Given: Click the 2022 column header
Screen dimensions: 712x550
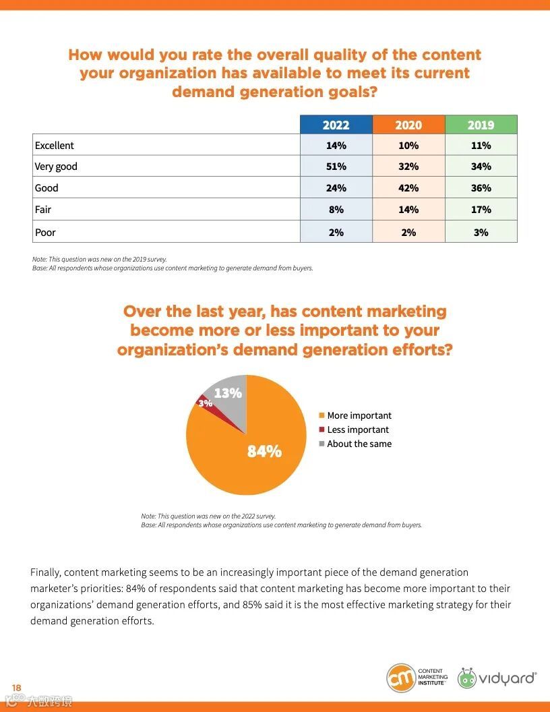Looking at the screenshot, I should [x=336, y=125].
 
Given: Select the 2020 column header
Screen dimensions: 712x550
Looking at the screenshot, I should [x=408, y=125].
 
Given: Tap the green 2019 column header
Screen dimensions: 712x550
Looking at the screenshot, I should [x=481, y=125].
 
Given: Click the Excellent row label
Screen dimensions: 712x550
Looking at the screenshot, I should [x=55, y=146].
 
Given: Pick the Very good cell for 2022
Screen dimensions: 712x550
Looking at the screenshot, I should [x=336, y=167].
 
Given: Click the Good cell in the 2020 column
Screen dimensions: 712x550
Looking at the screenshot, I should [x=408, y=188].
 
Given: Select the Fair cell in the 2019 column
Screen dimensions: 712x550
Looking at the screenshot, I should [x=481, y=210].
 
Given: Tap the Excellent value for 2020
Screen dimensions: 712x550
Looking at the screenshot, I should [x=408, y=146].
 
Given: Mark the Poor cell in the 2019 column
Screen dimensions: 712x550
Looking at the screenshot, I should [x=481, y=232].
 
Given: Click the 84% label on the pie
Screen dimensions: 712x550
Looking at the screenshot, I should [x=264, y=452].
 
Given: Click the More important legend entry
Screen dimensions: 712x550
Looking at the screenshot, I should [x=359, y=415].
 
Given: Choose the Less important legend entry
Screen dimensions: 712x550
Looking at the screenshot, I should [x=357, y=429].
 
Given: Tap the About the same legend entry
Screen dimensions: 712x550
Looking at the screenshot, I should [x=359, y=444].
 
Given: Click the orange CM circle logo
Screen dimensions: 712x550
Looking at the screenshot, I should [x=400, y=678].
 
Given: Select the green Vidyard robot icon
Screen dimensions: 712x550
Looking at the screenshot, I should [x=466, y=678].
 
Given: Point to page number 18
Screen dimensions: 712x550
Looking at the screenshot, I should [x=17, y=687].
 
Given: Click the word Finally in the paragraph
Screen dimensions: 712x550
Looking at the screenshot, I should [x=45, y=572].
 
